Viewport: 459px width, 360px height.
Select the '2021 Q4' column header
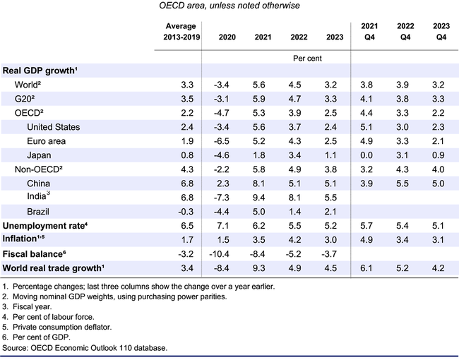click(x=369, y=31)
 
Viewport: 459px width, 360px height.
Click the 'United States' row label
click(x=53, y=127)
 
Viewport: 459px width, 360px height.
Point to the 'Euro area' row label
click(x=47, y=141)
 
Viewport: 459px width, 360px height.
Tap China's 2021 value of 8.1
click(x=263, y=184)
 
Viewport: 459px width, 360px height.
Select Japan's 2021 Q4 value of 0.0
click(x=369, y=155)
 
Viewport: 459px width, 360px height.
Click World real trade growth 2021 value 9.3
click(x=263, y=268)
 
